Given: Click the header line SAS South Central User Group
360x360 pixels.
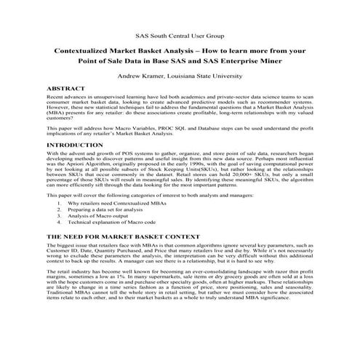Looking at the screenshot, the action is [180, 35].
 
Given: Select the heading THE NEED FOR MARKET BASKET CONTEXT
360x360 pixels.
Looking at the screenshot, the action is [122, 238].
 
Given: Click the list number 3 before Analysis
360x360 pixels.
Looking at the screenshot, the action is [59, 218].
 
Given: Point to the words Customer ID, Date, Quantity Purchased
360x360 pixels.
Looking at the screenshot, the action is [97, 255].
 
